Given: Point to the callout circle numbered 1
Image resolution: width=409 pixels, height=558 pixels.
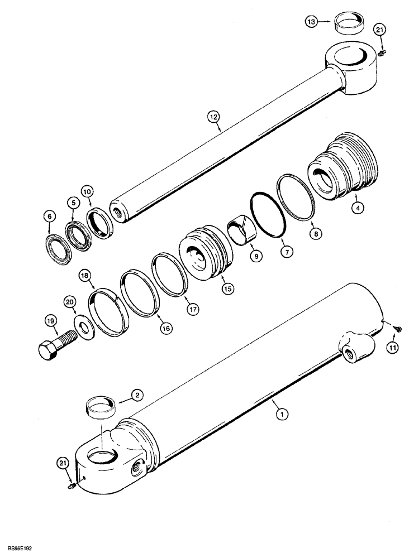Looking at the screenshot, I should pyautogui.click(x=283, y=414).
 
